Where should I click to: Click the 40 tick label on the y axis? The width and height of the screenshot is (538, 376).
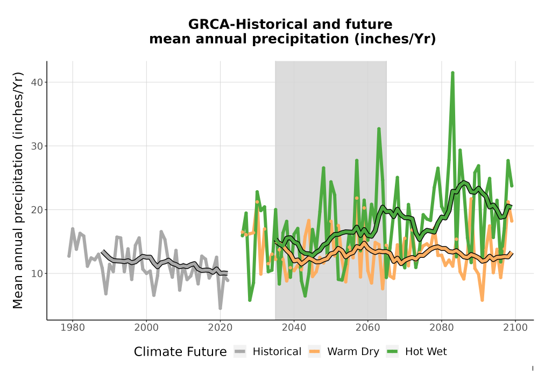pyautogui.click(x=38, y=83)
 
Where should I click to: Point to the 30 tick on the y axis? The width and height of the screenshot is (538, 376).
pyautogui.click(x=38, y=146)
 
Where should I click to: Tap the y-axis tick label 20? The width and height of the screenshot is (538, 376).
pyautogui.click(x=38, y=210)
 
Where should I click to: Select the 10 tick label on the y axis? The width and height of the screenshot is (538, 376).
pyautogui.click(x=38, y=273)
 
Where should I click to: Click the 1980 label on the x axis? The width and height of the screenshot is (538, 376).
pyautogui.click(x=73, y=328)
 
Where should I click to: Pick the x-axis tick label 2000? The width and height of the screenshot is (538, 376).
pyautogui.click(x=146, y=328)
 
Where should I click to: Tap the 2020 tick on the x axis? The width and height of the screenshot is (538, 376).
pyautogui.click(x=220, y=328)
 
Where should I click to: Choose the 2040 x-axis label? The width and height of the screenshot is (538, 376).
pyautogui.click(x=294, y=328)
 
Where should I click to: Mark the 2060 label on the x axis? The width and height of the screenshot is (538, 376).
pyautogui.click(x=368, y=328)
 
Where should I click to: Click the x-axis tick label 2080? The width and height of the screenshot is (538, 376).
pyautogui.click(x=442, y=328)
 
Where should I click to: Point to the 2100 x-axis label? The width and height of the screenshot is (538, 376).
pyautogui.click(x=515, y=328)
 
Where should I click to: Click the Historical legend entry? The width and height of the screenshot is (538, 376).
pyautogui.click(x=267, y=352)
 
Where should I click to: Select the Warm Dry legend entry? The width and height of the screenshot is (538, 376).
pyautogui.click(x=344, y=352)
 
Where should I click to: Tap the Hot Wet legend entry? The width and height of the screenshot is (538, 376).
pyautogui.click(x=417, y=352)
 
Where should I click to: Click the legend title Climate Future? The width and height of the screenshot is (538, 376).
pyautogui.click(x=180, y=352)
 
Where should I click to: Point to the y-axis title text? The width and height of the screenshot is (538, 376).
pyautogui.click(x=18, y=190)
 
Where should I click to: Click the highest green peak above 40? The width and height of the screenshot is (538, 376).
pyautogui.click(x=452, y=73)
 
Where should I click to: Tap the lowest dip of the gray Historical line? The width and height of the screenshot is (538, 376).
pyautogui.click(x=220, y=308)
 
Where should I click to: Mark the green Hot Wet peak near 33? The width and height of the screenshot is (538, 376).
pyautogui.click(x=379, y=129)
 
